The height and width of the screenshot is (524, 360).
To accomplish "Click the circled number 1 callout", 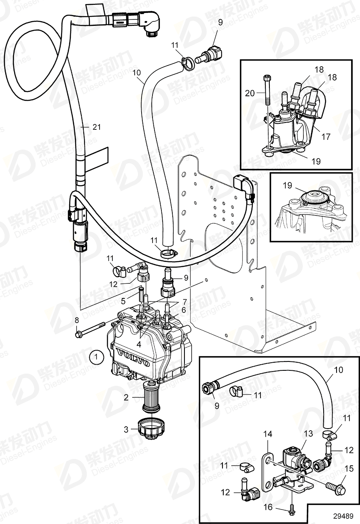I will pos(96,357).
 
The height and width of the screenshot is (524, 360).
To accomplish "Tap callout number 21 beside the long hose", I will pos(96,127).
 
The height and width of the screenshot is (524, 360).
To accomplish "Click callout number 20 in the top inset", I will pos(250,93).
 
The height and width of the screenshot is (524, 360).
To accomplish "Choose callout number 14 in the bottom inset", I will pos(268,434).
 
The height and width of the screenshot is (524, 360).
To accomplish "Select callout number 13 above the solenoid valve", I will pos(309,434).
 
